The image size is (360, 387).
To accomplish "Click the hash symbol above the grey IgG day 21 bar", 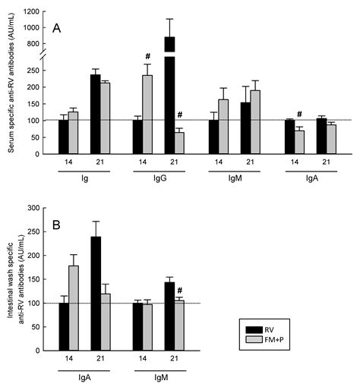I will tap(180, 115).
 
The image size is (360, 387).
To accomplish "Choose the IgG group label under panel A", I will tap(159, 181).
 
